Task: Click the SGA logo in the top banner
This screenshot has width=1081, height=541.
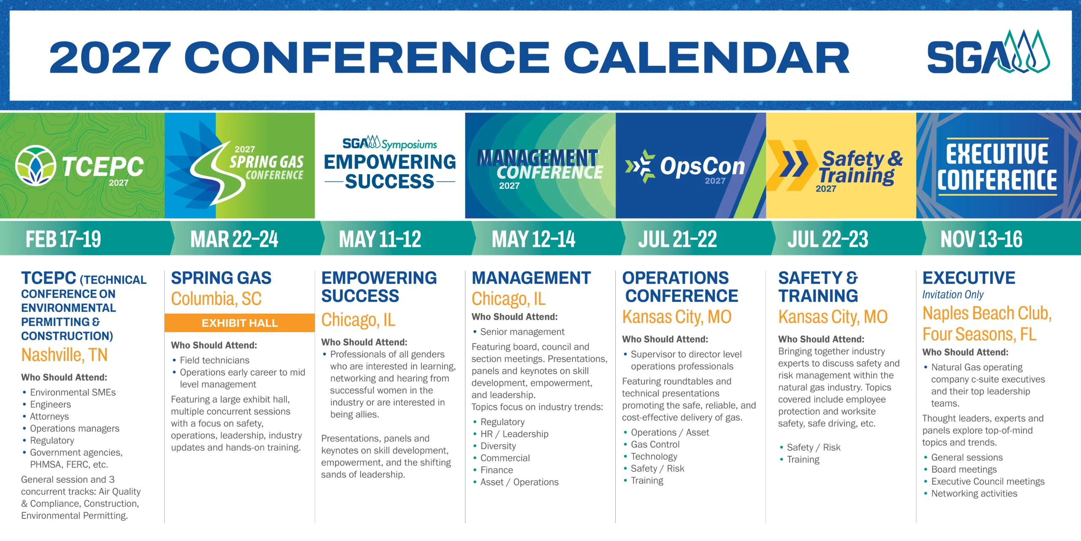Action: (988, 52)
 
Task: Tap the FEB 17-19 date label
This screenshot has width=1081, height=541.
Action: (63, 239)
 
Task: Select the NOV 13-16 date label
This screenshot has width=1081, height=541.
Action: (981, 239)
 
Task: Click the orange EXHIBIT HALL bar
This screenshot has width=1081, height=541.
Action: (239, 323)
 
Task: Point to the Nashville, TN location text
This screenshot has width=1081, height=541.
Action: (65, 355)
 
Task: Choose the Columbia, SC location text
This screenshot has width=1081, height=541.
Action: (216, 299)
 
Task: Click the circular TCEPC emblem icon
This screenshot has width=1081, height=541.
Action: (35, 166)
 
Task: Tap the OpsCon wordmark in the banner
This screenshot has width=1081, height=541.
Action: (703, 166)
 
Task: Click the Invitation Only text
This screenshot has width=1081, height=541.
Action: (953, 295)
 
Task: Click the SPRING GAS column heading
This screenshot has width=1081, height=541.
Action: (221, 278)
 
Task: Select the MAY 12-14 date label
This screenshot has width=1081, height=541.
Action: (533, 239)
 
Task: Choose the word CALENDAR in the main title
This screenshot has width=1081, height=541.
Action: (706, 58)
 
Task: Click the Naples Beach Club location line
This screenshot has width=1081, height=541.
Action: (987, 314)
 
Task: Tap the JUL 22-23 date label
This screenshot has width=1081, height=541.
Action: (828, 239)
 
